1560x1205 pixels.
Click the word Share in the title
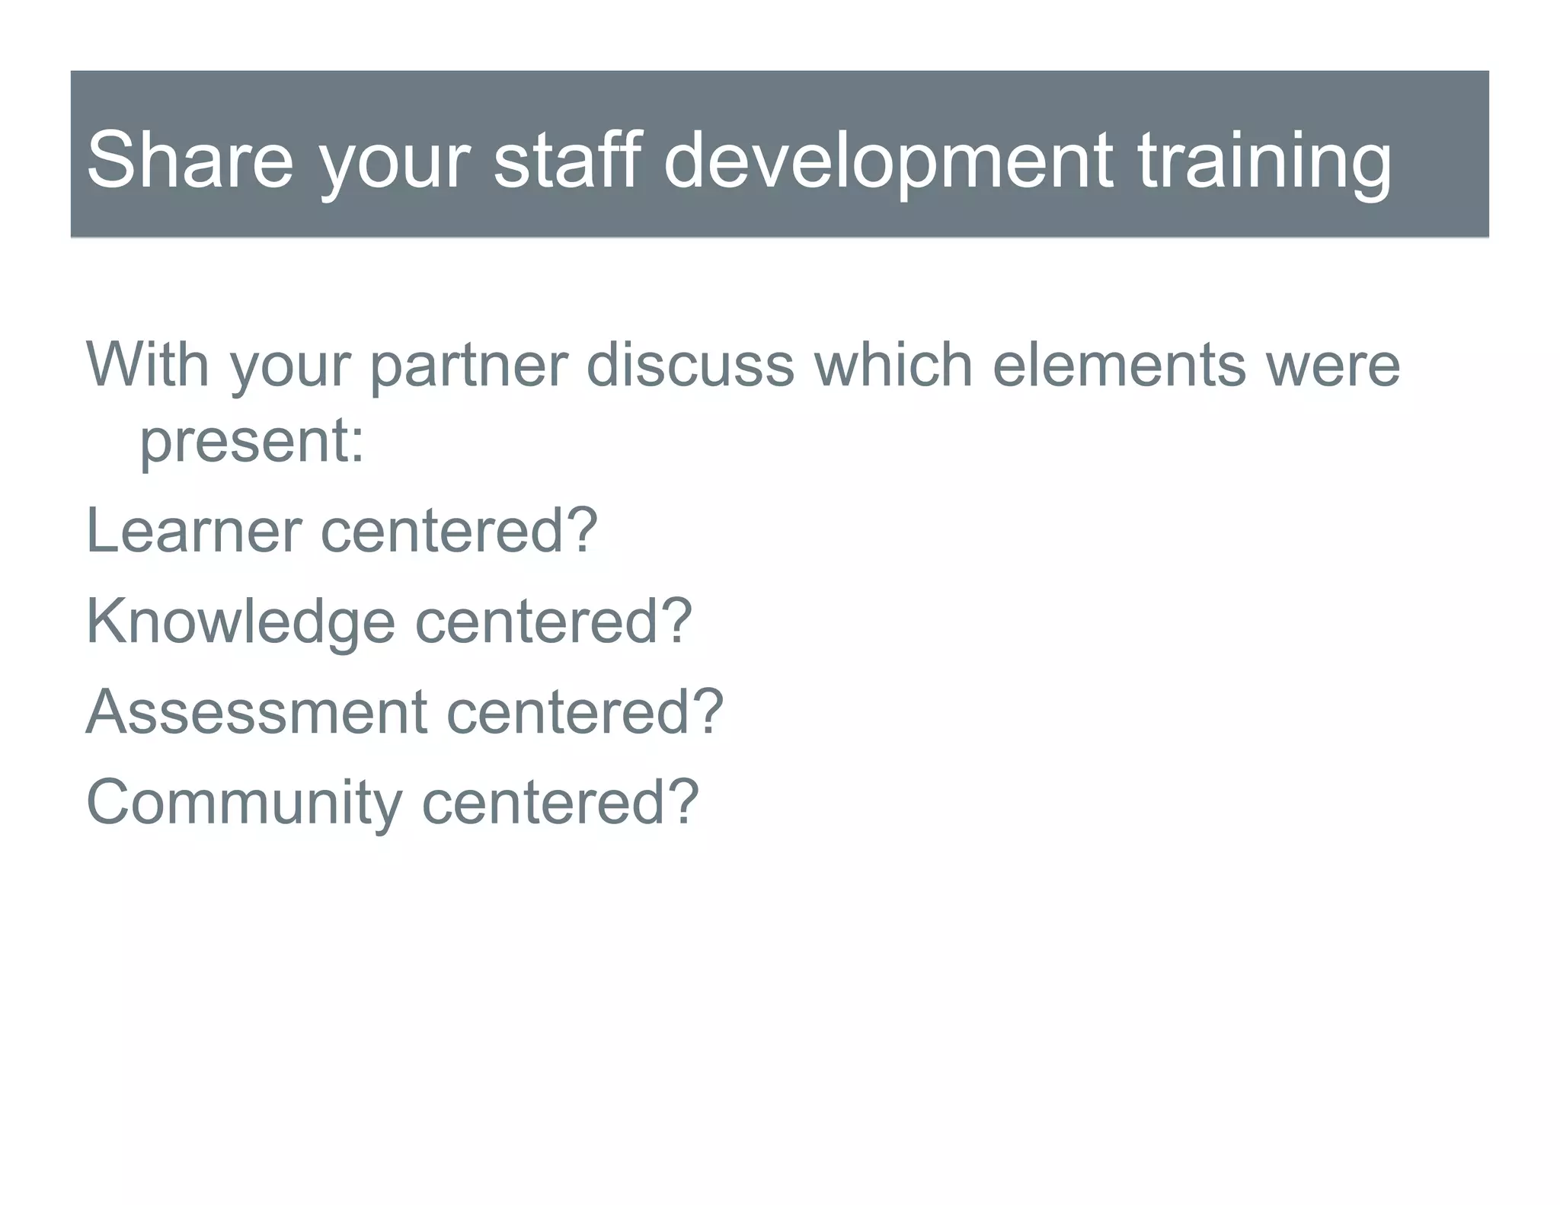[190, 160]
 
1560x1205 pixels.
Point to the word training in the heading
[1264, 160]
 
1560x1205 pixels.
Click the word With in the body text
[148, 364]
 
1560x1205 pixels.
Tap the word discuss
[690, 364]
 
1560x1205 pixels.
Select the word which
[893, 364]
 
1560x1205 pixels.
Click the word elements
[1119, 364]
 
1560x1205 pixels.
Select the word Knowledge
[241, 622]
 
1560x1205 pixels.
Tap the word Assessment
[256, 711]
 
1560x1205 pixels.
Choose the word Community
[244, 803]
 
